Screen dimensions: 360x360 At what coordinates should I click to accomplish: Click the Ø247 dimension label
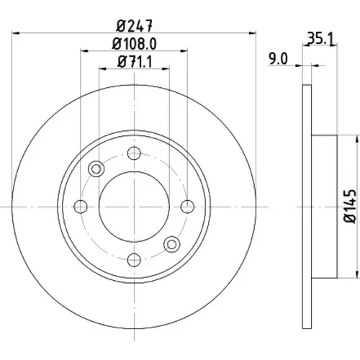pyautogui.click(x=134, y=26)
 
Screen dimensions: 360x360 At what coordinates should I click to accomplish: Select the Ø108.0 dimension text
pyautogui.click(x=134, y=44)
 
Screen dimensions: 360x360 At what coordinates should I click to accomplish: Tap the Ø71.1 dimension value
pyautogui.click(x=135, y=62)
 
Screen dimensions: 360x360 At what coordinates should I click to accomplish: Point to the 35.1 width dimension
pyautogui.click(x=320, y=39)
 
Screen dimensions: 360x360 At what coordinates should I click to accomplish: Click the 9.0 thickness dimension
pyautogui.click(x=278, y=59)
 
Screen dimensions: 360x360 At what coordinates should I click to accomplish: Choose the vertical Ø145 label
pyautogui.click(x=350, y=207)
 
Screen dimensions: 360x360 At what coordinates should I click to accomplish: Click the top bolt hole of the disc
pyautogui.click(x=134, y=153)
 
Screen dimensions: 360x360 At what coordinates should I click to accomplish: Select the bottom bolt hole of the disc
pyautogui.click(x=134, y=260)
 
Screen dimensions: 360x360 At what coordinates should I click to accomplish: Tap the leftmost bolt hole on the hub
pyautogui.click(x=81, y=207)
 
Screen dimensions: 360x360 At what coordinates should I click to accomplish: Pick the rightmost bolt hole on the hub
pyautogui.click(x=187, y=207)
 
